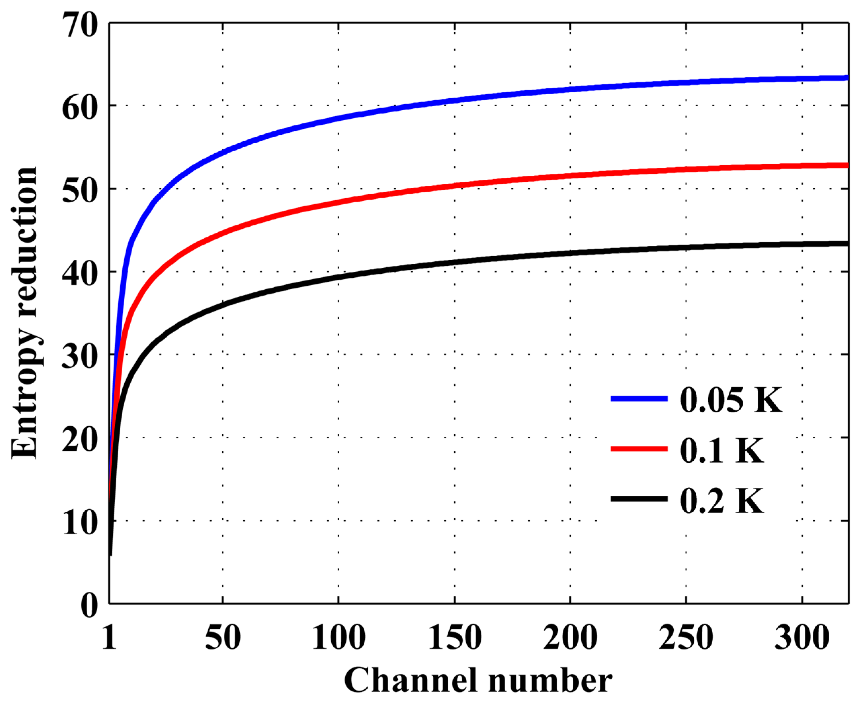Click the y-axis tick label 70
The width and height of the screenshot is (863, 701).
coord(80,25)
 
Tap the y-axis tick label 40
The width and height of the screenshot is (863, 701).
coord(80,273)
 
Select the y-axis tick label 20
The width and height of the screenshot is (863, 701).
coord(80,439)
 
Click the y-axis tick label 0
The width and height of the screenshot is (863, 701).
coord(89,605)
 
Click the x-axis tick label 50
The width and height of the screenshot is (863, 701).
coord(223,637)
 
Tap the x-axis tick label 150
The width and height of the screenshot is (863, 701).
coord(455,637)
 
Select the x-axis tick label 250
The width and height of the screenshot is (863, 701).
coord(686,637)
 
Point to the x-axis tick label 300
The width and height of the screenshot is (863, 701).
coord(802,637)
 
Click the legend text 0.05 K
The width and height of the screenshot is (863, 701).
coord(731,400)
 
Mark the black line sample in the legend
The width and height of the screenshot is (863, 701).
coord(639,499)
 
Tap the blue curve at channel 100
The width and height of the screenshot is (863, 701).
coord(338,118)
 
